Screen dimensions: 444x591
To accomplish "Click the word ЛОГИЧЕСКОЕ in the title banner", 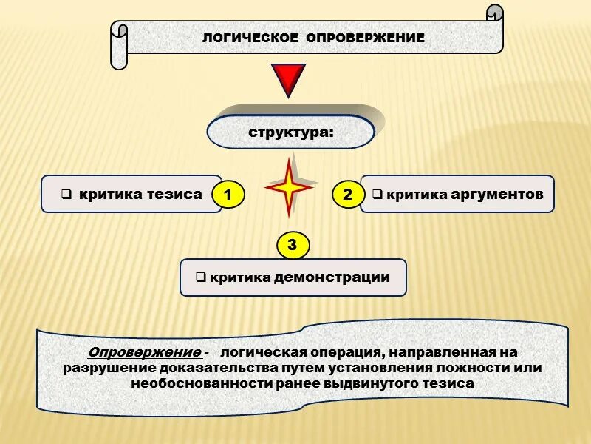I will click(250, 38).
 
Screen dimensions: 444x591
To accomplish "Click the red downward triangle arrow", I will click(288, 80).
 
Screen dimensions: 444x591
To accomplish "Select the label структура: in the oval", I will click(290, 133).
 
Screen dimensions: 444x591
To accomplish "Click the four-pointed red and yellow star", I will click(289, 186).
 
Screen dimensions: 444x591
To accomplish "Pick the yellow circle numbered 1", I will click(228, 195).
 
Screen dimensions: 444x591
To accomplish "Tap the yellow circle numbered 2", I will click(348, 195).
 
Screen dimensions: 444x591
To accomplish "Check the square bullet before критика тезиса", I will click(66, 195).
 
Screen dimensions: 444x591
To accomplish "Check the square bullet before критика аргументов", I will click(376, 195).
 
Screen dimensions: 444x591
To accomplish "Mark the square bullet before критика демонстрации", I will click(199, 278).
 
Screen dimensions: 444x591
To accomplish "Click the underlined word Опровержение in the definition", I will click(143, 351).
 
